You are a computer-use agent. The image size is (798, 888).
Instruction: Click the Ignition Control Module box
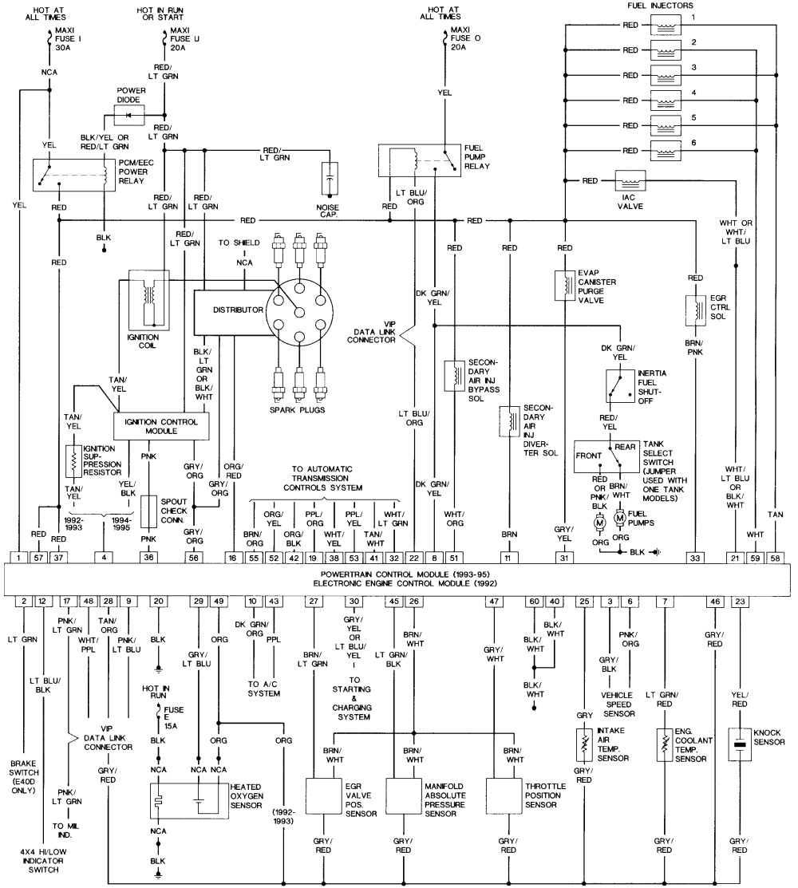click(162, 425)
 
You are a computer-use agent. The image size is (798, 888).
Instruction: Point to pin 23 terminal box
click(741, 600)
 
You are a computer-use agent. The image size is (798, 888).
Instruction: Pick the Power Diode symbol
click(130, 115)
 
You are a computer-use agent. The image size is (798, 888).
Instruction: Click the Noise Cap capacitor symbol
click(328, 180)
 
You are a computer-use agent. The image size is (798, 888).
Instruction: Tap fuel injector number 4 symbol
click(663, 101)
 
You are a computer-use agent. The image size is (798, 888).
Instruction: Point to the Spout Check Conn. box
click(150, 511)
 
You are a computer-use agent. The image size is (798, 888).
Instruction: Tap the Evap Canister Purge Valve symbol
click(565, 287)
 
